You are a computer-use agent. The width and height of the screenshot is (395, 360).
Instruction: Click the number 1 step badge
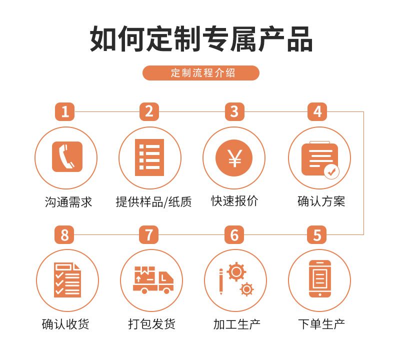[64, 111]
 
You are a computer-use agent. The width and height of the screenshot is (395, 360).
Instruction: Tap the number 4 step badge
[317, 111]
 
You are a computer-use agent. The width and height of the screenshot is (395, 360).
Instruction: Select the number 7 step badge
[149, 235]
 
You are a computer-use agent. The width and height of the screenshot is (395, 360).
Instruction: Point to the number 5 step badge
[316, 235]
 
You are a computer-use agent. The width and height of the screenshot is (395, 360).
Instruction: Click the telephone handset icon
[67, 156]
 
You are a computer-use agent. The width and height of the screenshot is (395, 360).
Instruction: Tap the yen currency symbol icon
[234, 158]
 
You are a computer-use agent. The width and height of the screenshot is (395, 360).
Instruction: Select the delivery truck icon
[153, 280]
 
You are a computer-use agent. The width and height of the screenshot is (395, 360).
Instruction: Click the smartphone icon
[320, 278]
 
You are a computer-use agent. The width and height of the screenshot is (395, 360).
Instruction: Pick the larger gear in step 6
[236, 271]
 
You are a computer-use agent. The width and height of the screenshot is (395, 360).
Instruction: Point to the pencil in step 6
[221, 281]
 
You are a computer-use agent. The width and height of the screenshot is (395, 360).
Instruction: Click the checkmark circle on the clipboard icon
[331, 172]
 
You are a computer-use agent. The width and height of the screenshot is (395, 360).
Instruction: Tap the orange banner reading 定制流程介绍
[201, 73]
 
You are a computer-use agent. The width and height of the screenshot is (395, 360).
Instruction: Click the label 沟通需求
[68, 202]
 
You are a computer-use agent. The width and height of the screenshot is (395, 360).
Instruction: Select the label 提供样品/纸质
[153, 202]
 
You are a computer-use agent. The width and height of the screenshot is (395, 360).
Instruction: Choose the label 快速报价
[234, 201]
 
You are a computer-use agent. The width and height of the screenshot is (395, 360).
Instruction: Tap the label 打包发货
[151, 323]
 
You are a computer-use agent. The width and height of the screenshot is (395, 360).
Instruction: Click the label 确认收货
[65, 323]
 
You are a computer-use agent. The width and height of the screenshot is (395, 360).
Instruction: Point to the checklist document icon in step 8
[67, 280]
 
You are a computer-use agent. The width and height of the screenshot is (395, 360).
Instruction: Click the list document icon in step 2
[149, 157]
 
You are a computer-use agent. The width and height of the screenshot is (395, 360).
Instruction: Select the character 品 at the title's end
[300, 39]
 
